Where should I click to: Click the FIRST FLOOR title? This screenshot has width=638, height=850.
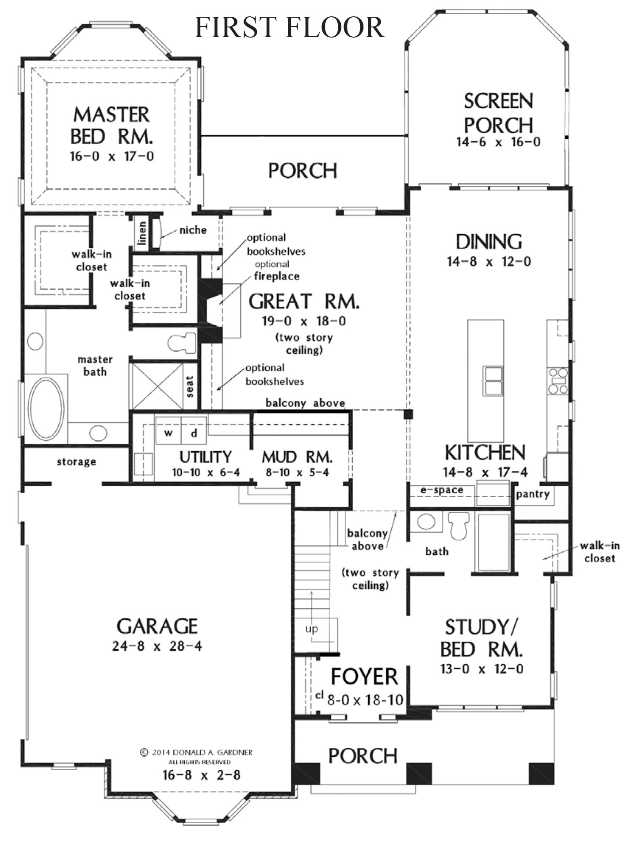290,27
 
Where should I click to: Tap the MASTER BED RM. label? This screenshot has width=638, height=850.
112,126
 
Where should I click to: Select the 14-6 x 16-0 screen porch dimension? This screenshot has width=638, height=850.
498,142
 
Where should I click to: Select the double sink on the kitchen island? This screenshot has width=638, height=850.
493,381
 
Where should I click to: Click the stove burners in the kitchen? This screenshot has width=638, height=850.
558,381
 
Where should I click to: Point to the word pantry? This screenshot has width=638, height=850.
533,495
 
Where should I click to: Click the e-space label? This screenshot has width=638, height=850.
442,490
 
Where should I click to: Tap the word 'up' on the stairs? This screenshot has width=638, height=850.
312,629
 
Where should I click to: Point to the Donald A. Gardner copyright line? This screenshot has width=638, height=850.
196,752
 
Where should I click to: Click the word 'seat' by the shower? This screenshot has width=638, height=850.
190,387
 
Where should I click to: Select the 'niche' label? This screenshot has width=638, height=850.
193,230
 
